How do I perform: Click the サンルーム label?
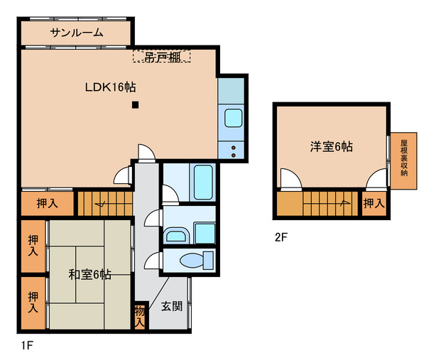(x=77, y=33)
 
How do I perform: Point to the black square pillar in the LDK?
(x=134, y=107)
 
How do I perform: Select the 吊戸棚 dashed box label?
(x=161, y=55)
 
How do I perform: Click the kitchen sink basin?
(x=234, y=118)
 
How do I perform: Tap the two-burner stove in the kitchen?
(x=234, y=149)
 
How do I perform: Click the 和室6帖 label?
(x=90, y=275)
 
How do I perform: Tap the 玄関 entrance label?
(x=170, y=307)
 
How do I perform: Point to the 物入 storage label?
(x=140, y=315)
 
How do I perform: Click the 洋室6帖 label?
(x=332, y=147)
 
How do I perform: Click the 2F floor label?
(x=281, y=238)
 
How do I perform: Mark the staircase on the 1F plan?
(x=104, y=203)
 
